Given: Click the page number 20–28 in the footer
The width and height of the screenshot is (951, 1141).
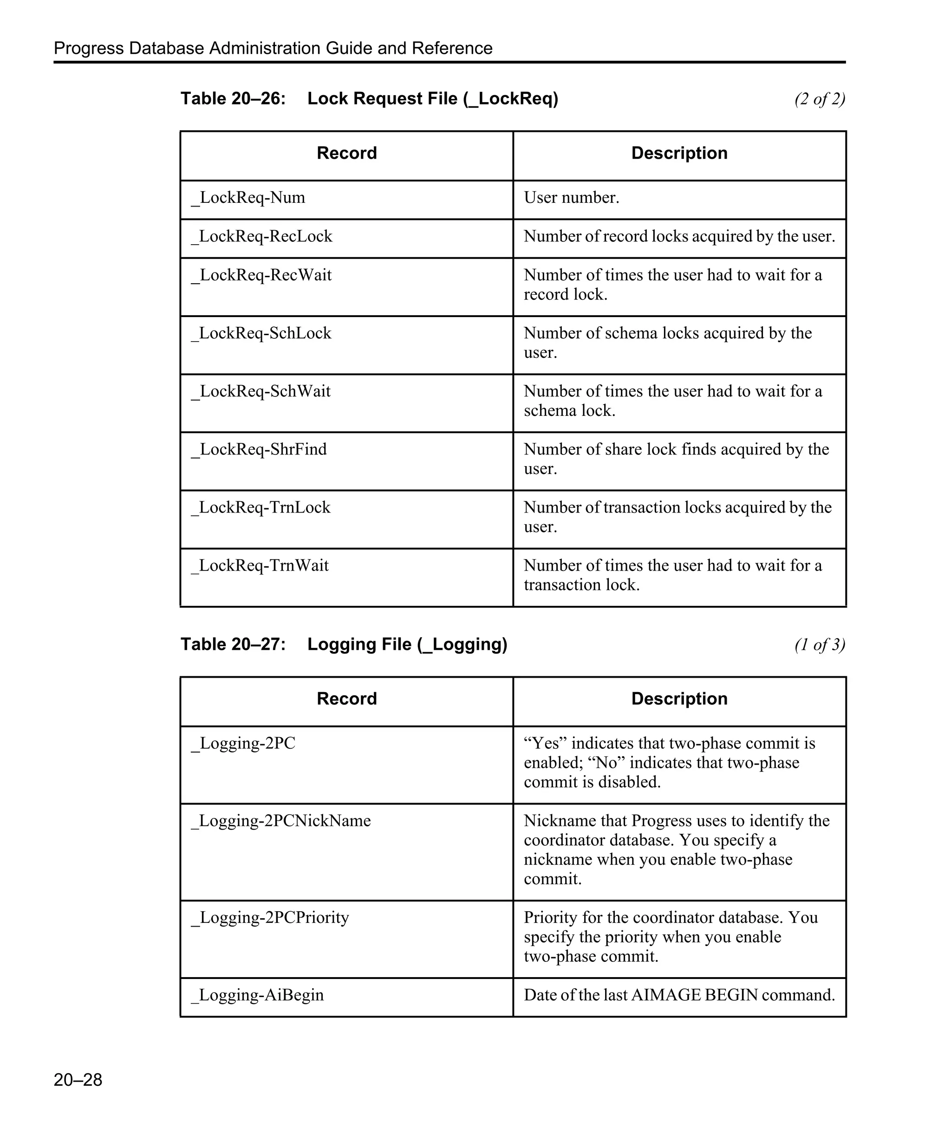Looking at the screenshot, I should [x=78, y=1080].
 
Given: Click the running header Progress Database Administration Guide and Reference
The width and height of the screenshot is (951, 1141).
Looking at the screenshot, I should [x=273, y=48].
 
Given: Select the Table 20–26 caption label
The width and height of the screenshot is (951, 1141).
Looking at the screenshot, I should [x=233, y=98].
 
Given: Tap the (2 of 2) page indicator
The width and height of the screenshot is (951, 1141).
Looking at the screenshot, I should [x=819, y=99].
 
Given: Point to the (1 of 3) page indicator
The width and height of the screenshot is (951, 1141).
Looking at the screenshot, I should [x=819, y=644].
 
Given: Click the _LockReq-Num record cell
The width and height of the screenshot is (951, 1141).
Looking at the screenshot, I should [x=248, y=197].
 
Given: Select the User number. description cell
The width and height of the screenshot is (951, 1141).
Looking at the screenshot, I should [x=571, y=197].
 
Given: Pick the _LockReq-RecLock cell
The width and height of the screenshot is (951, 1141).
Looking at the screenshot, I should [x=261, y=236].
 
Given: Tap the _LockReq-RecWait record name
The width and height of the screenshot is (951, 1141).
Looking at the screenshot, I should [x=261, y=275].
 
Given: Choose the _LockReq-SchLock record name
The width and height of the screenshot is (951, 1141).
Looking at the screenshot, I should [x=261, y=333].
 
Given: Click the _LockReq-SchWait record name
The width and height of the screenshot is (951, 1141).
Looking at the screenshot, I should [x=261, y=391].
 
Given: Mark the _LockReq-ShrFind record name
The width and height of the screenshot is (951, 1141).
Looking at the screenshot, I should [x=259, y=449].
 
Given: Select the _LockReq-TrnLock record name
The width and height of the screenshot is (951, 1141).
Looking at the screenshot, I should [x=261, y=507].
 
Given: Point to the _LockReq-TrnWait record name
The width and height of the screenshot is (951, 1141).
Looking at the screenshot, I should [x=260, y=565].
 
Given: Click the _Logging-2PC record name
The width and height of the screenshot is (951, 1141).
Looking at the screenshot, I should [x=243, y=743].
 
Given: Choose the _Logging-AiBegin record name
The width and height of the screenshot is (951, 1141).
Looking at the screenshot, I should [x=258, y=995].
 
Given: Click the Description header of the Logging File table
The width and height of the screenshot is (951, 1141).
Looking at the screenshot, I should [x=679, y=699].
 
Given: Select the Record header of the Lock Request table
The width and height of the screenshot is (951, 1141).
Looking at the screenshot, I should [x=347, y=153].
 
